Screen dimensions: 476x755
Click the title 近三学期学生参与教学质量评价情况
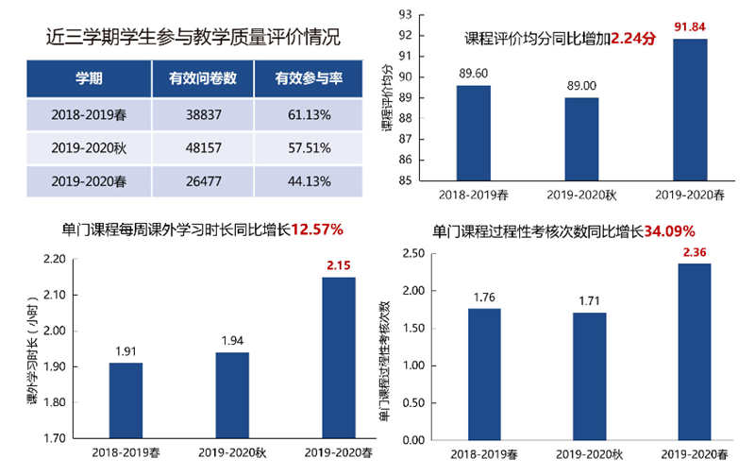point(193,38)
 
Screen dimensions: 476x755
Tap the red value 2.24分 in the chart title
point(632,39)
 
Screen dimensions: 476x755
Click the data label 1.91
point(126,351)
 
